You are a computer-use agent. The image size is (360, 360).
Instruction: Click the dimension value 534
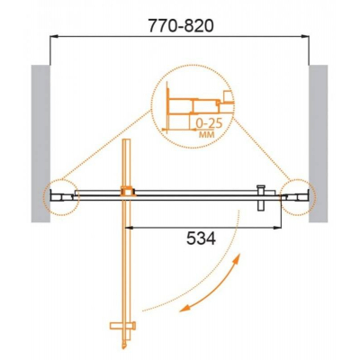(201, 239)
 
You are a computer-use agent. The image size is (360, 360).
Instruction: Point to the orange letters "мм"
(207, 134)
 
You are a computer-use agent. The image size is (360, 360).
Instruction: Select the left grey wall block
(40, 144)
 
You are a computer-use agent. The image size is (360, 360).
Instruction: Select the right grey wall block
(319, 144)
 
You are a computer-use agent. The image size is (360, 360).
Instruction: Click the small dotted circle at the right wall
(314, 197)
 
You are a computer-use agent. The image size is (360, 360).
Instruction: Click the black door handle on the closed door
(261, 199)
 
